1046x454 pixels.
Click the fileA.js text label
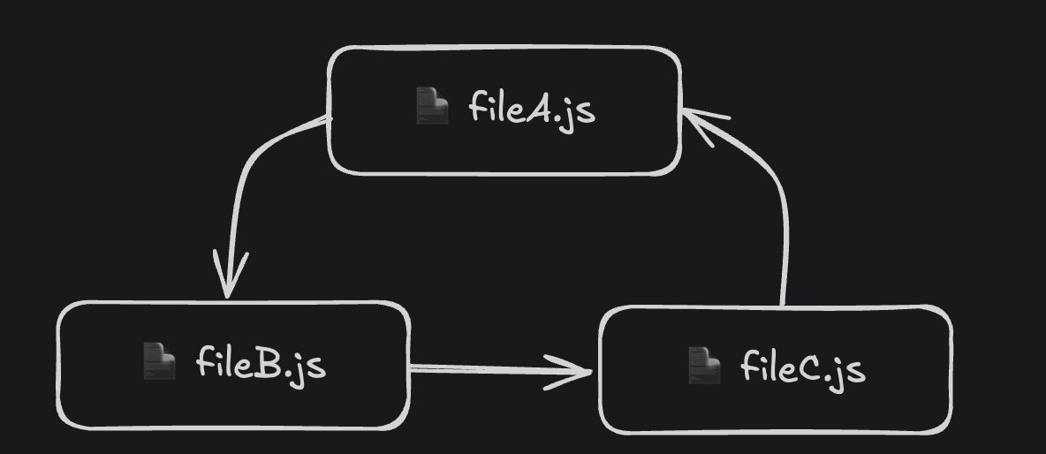pyautogui.click(x=531, y=109)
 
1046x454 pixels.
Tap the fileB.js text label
pyautogui.click(x=261, y=363)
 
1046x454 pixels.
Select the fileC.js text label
pyautogui.click(x=802, y=367)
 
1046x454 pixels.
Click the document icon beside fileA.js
pyautogui.click(x=432, y=107)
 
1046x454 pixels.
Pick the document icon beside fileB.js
pyautogui.click(x=159, y=361)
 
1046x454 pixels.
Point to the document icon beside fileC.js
pyautogui.click(x=704, y=365)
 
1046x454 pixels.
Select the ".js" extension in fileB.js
pyautogui.click(x=306, y=366)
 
